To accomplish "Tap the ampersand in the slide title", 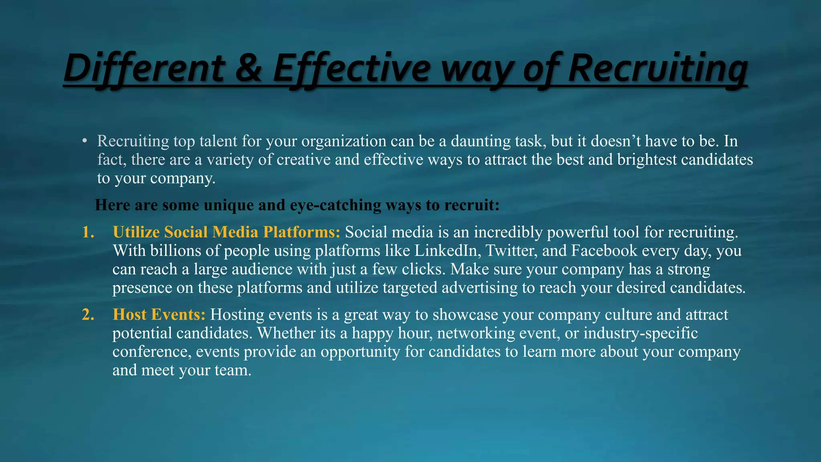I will pos(248,68).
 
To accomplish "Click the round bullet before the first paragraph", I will pos(84,141).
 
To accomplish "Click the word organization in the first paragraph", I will pos(344,141).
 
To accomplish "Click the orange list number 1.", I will pos(88,232).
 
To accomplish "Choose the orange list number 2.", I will pos(88,315).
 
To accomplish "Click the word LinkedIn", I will pos(448,251).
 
